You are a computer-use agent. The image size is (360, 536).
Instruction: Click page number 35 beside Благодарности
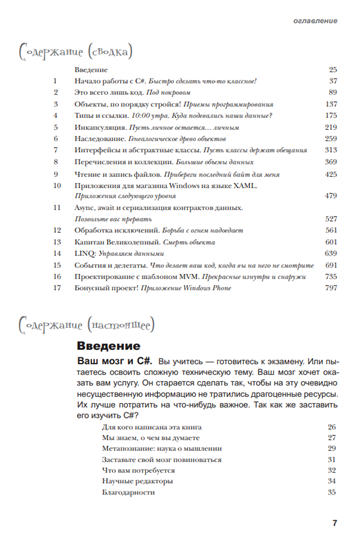coord(331,492)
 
